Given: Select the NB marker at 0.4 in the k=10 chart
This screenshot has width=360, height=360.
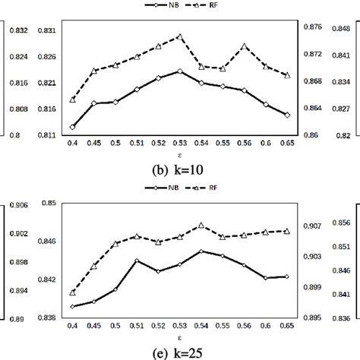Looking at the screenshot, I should click(x=72, y=127).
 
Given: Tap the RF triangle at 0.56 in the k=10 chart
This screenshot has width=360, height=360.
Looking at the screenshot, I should click(x=245, y=46).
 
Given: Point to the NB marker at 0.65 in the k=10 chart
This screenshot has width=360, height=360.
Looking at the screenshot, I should click(x=288, y=115).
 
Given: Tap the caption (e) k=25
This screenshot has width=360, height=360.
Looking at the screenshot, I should click(x=180, y=351).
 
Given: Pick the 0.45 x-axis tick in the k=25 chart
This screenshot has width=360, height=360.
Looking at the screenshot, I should click(x=93, y=324).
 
